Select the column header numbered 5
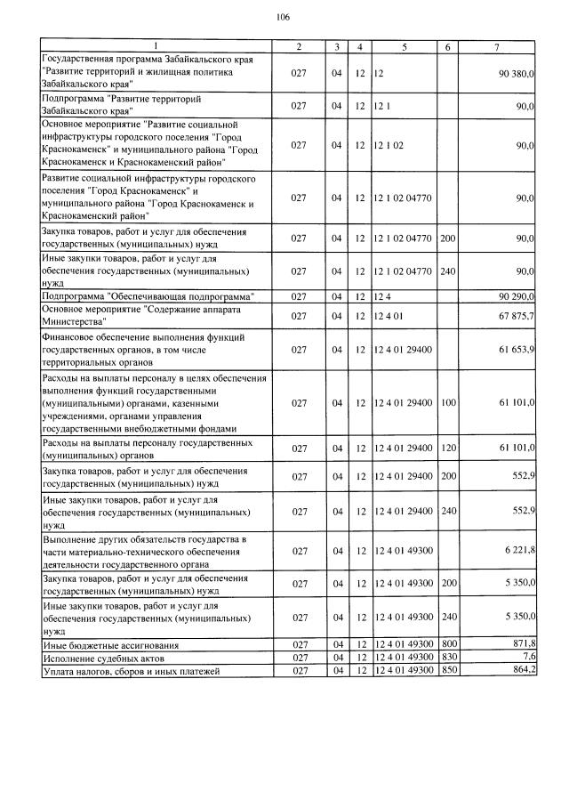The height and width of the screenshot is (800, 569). (405, 45)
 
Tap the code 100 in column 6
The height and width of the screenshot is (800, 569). (448, 402)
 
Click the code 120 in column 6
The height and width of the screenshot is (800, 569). (448, 447)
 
